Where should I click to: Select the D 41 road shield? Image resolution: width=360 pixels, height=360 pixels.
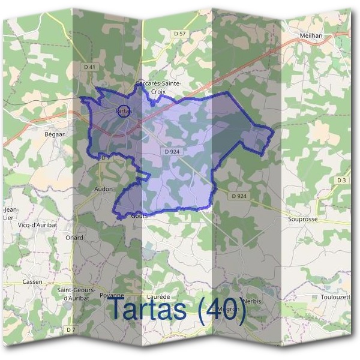point(90,67)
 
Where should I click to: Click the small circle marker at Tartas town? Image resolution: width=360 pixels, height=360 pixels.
point(122,111)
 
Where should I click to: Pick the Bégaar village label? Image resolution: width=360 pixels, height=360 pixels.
point(54,134)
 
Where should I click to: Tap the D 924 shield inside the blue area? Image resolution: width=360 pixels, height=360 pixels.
point(172,152)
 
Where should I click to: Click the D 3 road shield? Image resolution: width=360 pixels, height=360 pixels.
point(342,180)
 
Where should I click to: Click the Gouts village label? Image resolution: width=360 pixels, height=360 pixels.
point(139,215)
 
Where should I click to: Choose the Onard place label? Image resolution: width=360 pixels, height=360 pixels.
point(74,238)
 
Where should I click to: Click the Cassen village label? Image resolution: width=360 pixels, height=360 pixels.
point(32,281)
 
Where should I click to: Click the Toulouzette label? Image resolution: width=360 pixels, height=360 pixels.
point(334,297)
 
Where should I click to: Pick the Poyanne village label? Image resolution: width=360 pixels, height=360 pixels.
point(112,296)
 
